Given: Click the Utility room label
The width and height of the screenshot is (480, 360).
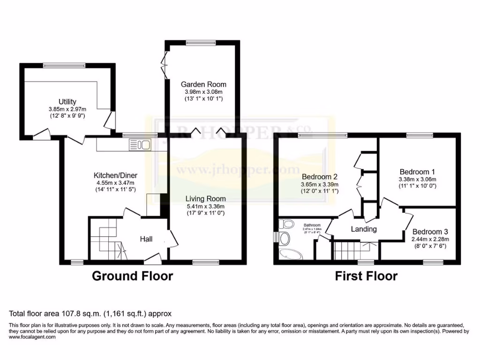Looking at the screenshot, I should (67, 102).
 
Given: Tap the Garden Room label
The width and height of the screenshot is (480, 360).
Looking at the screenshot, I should (203, 84).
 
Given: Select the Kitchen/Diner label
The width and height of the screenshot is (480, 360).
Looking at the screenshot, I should (115, 176).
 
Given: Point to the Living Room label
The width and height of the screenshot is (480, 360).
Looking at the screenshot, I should (205, 199).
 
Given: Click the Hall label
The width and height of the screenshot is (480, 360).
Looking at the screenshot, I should (146, 239).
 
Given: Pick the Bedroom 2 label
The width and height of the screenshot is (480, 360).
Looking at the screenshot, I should (320, 177).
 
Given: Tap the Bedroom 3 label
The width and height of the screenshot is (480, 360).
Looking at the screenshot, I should (430, 232).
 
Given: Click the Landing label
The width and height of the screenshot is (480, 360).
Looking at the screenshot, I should (364, 229).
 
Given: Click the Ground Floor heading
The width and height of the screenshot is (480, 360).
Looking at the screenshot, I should (132, 276).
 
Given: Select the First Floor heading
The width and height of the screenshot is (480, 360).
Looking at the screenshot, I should (366, 276).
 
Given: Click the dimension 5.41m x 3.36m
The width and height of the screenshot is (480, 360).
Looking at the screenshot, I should (205, 206).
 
